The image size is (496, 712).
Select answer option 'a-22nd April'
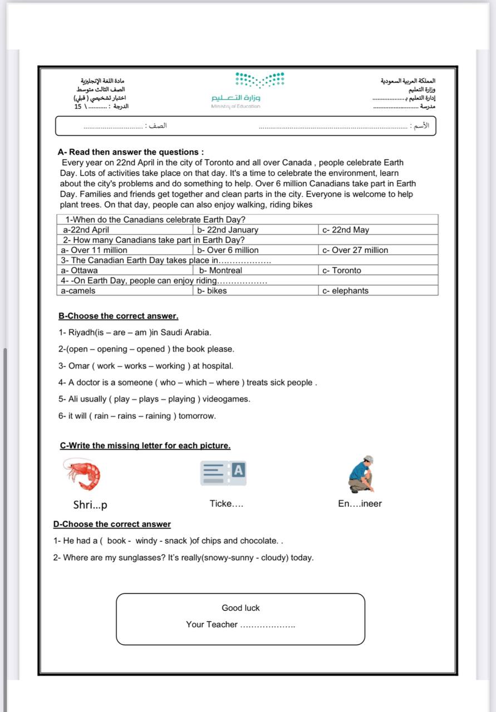click(x=86, y=230)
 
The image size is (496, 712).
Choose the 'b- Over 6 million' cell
click(x=228, y=250)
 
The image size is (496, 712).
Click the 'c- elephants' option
click(x=345, y=291)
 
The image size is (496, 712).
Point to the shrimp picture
click(x=82, y=473)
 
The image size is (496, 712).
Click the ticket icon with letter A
click(x=223, y=473)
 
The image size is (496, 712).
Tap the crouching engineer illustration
click(x=361, y=474)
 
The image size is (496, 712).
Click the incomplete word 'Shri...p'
click(x=90, y=505)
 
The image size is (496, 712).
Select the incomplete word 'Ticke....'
click(x=226, y=504)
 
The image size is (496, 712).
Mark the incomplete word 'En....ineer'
click(x=360, y=504)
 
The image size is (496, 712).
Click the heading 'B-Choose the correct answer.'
click(x=118, y=316)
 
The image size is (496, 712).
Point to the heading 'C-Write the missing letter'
click(x=145, y=446)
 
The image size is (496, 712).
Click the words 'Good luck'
click(x=240, y=608)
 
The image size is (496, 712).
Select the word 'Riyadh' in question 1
click(x=82, y=333)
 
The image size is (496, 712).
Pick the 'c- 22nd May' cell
click(x=345, y=230)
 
